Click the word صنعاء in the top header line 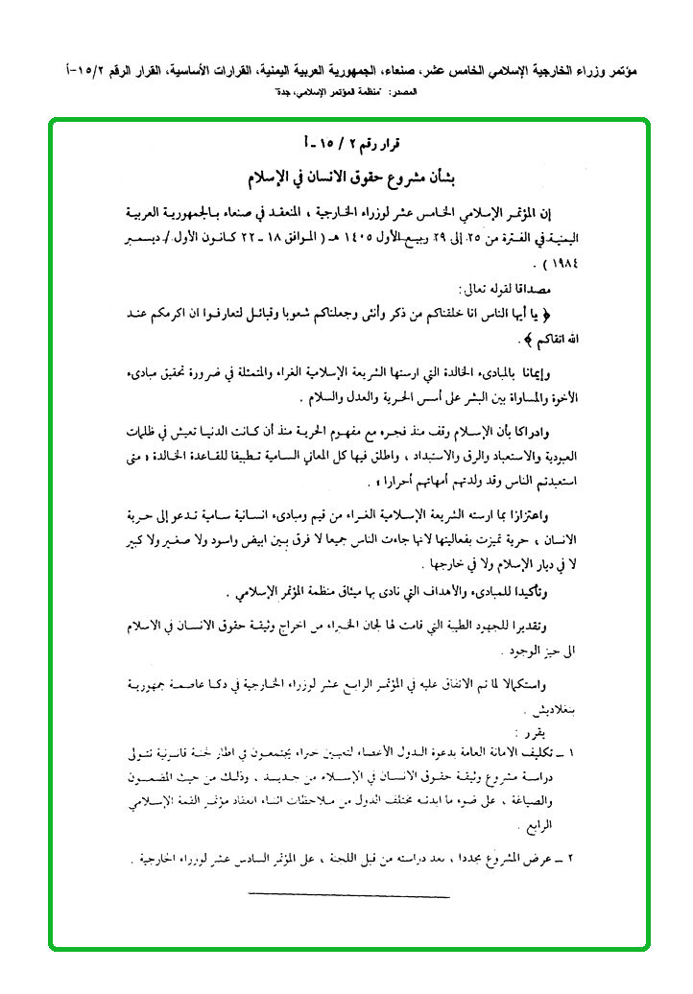[379, 72]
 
